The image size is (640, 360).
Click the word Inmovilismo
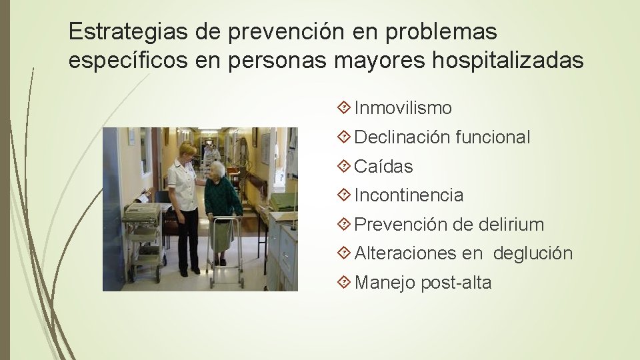(403, 108)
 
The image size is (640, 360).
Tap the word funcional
(493, 137)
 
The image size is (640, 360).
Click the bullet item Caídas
(383, 167)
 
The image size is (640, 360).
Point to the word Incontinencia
(409, 195)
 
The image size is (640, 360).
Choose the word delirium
(511, 225)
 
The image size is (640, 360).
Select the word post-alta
(456, 283)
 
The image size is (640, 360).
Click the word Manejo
(385, 283)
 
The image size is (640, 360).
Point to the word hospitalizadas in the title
(508, 61)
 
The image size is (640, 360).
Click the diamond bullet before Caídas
(344, 167)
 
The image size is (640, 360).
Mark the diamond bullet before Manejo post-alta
(344, 283)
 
